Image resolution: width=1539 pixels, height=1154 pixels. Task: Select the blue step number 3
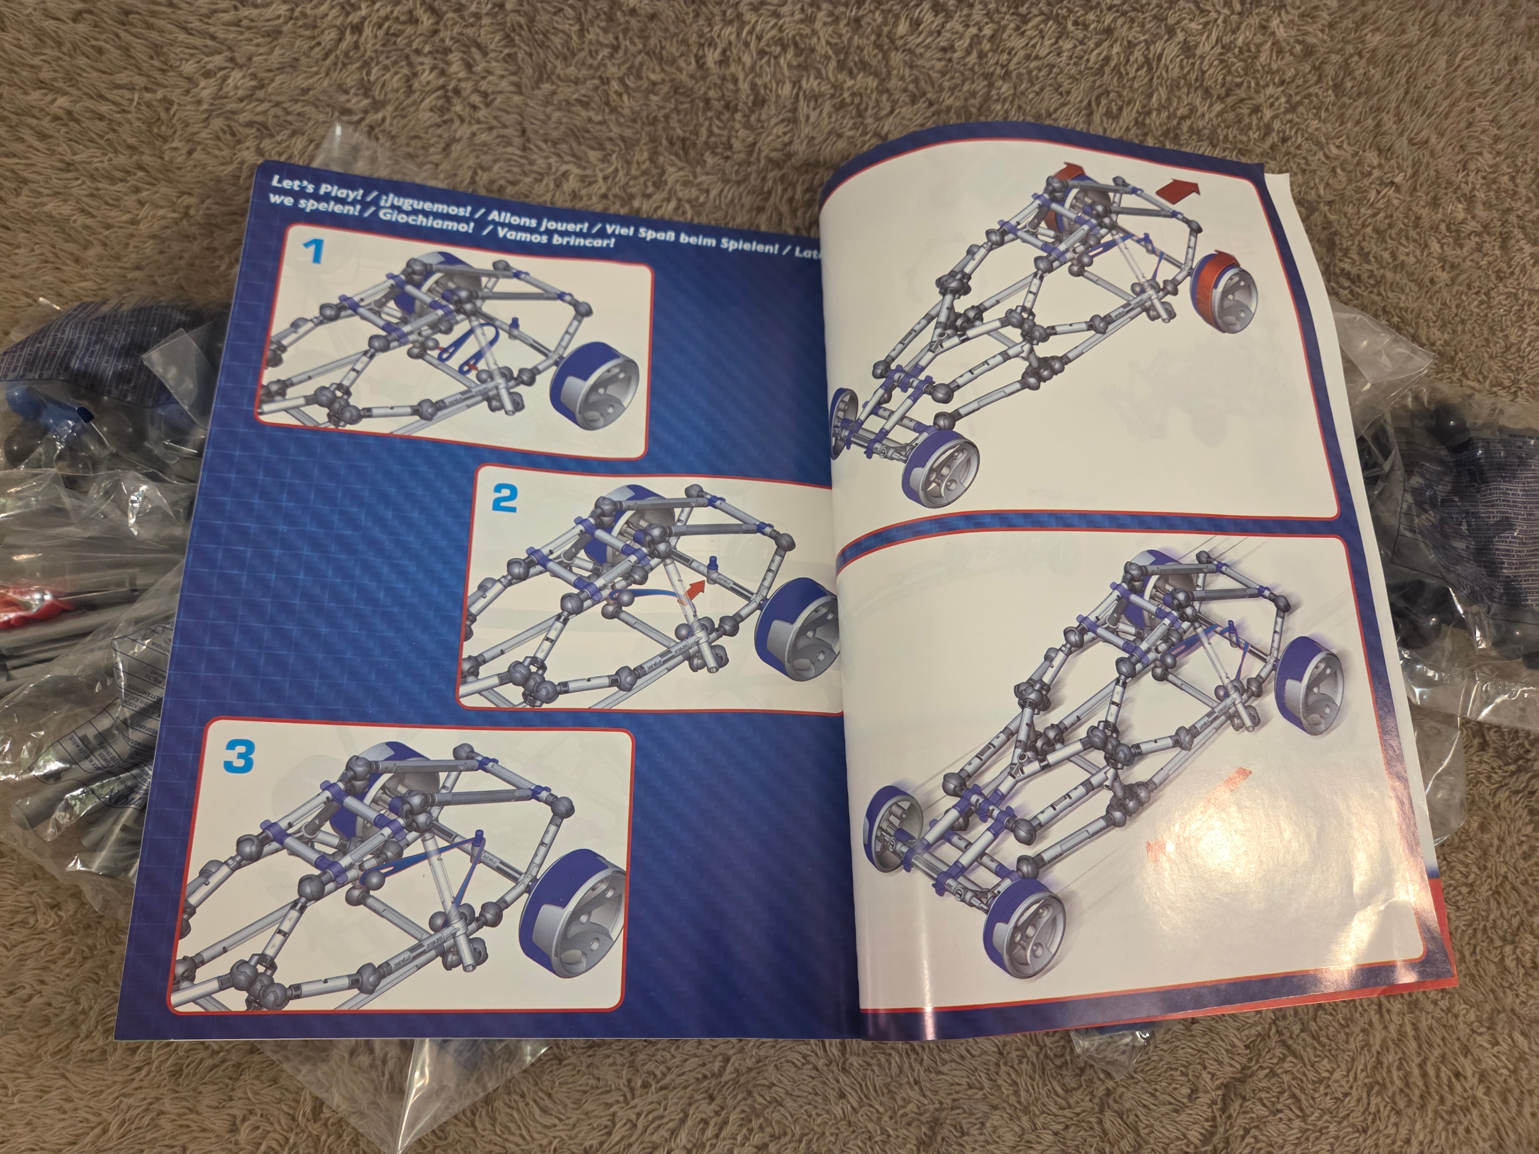(239, 757)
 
